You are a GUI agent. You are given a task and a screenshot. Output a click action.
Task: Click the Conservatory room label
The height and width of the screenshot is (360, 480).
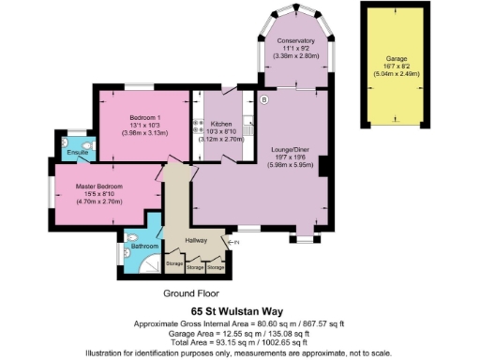[294, 40]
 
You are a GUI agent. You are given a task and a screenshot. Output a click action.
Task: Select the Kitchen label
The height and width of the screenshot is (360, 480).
[221, 124]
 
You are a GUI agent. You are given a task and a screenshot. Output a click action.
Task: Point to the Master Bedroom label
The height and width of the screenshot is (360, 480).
[98, 187]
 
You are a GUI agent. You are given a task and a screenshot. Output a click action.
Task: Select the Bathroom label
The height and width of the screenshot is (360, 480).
[144, 247]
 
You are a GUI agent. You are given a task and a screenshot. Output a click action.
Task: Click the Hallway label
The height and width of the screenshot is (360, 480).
[196, 240]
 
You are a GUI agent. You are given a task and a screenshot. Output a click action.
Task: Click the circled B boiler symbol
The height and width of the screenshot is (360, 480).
[264, 99]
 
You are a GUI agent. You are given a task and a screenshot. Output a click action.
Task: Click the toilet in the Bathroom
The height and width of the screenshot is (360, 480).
[131, 238]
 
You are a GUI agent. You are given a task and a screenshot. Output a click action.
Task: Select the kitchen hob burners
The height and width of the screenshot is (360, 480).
[198, 124]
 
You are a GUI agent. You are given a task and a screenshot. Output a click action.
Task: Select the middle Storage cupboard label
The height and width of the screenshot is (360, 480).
[195, 267]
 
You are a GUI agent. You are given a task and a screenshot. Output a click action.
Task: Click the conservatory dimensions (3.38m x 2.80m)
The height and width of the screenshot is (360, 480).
[294, 55]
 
